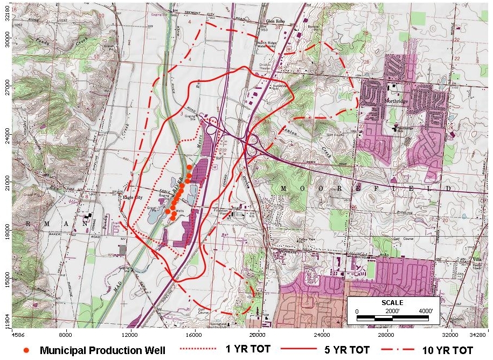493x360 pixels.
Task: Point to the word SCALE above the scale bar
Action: [392, 303]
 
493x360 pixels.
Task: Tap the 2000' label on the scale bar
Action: [392, 311]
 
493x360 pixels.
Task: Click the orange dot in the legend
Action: [26, 350]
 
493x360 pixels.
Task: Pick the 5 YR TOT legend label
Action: [346, 350]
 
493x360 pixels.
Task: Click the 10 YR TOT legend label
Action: [449, 350]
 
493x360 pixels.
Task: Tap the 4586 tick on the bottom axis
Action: [18, 334]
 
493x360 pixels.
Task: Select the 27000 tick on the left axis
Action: [6, 85]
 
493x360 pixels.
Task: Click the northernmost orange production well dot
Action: [189, 168]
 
